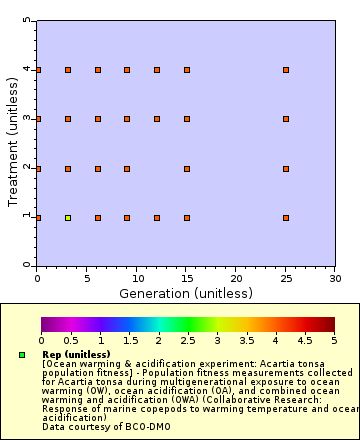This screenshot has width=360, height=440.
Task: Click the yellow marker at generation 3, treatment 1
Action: (x=68, y=217)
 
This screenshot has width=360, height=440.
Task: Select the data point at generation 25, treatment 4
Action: (x=286, y=70)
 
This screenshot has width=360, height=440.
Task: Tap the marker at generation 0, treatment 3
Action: (x=38, y=119)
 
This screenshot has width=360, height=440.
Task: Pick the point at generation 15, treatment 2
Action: (x=187, y=168)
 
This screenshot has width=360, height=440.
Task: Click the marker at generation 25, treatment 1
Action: (x=286, y=217)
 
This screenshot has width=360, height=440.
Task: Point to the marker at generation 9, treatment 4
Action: (x=127, y=70)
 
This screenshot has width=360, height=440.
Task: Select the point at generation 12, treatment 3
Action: (x=157, y=119)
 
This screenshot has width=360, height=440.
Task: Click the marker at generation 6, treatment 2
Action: (x=98, y=168)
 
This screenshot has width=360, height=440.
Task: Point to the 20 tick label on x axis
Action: (x=236, y=278)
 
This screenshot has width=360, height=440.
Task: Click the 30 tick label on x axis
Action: (x=335, y=278)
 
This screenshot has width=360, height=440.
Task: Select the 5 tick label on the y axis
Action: (x=27, y=21)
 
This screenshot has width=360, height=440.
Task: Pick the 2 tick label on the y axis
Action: (x=27, y=168)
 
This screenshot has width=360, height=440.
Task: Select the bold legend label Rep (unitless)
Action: (x=76, y=354)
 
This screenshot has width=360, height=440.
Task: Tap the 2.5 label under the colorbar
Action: (x=188, y=341)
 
